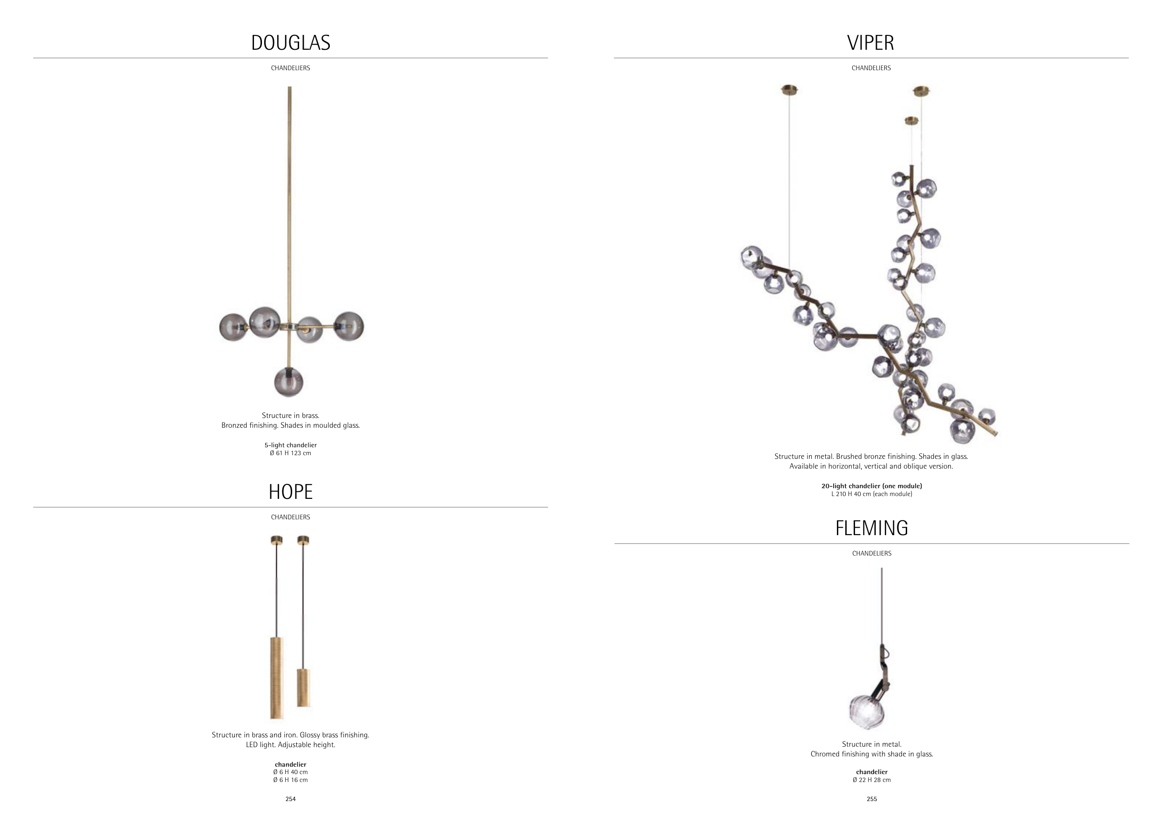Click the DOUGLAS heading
point(291,42)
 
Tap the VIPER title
point(871,42)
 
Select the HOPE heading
point(291,492)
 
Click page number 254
point(291,799)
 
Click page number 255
point(872,799)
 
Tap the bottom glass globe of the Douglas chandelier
point(289,382)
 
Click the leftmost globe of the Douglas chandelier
point(234,327)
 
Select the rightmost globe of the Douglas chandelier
point(349,326)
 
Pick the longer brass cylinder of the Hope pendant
point(277,678)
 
